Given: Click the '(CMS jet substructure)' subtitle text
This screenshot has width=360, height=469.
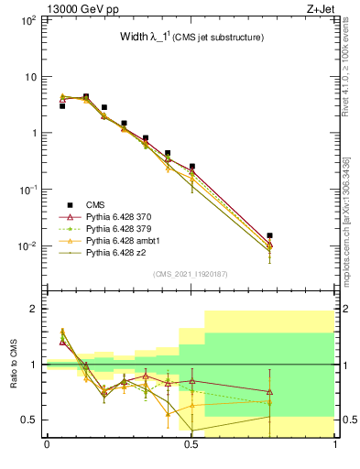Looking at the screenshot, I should pyautogui.click(x=219, y=38).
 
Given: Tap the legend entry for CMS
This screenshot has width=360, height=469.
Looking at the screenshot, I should pyautogui.click(x=94, y=205).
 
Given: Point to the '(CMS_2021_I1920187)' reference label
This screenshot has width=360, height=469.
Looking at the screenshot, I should pyautogui.click(x=191, y=274).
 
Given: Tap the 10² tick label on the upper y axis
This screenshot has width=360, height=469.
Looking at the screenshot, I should pyautogui.click(x=27, y=19).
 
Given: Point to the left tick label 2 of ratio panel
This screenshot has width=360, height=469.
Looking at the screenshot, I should pyautogui.click(x=32, y=309).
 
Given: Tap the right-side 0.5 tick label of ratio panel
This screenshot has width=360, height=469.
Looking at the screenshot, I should pyautogui.click(x=348, y=420).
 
